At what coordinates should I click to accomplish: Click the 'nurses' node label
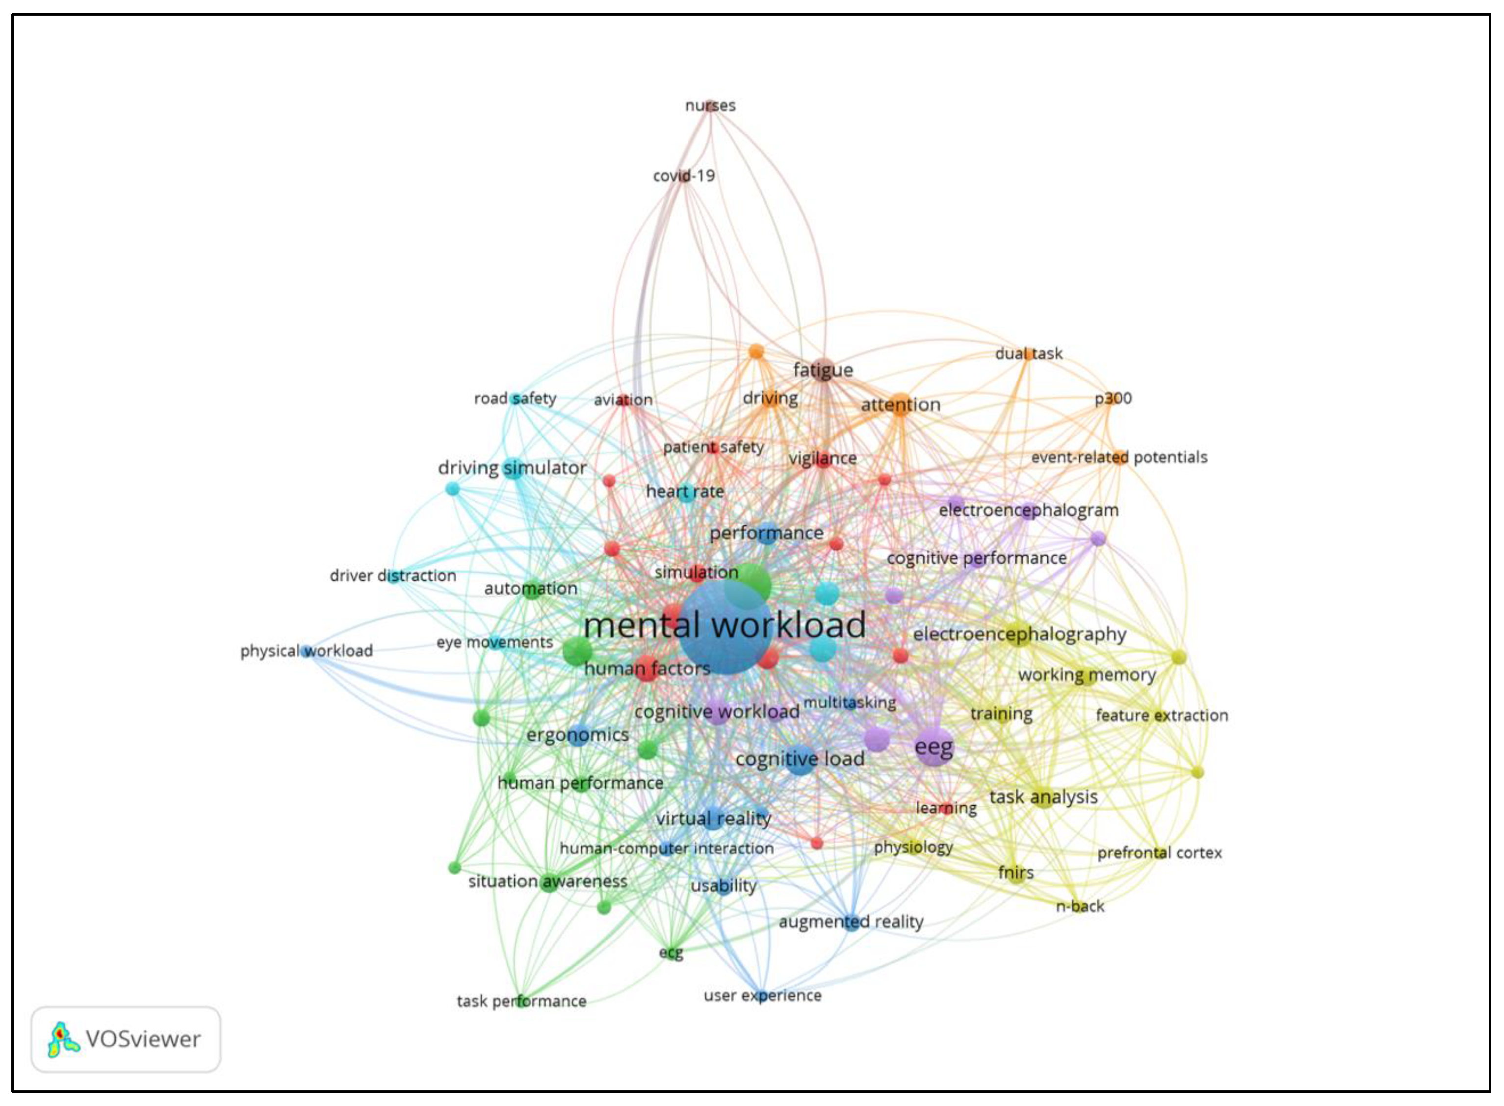[710, 105]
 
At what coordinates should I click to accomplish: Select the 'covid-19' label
[684, 176]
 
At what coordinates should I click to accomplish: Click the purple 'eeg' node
[934, 746]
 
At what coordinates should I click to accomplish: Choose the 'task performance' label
[521, 1001]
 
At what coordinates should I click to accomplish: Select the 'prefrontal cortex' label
[1159, 852]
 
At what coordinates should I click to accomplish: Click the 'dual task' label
[1029, 354]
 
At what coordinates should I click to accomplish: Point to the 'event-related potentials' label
[1119, 457]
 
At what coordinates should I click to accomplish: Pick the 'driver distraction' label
[392, 575]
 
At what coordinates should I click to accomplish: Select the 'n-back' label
[1080, 906]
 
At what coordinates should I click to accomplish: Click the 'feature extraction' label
[1162, 715]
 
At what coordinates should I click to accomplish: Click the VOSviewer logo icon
[63, 1039]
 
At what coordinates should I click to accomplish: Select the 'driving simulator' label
[512, 467]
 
